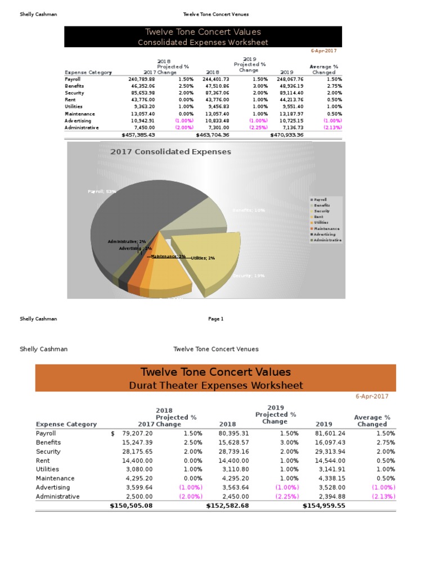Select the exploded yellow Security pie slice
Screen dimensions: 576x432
(208, 259)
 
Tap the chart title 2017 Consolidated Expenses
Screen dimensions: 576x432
(170, 152)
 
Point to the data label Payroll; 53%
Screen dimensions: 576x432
(102, 192)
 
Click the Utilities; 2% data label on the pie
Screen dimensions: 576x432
(203, 258)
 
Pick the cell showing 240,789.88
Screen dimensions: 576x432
(142, 80)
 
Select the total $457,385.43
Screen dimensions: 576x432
(138, 135)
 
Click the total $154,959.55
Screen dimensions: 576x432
(324, 506)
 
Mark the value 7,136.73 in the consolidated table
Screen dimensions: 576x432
(291, 128)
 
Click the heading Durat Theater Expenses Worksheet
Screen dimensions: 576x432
(215, 385)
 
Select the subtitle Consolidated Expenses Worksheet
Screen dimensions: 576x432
(203, 42)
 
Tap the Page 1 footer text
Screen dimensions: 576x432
(216, 319)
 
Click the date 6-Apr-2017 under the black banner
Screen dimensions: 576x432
(323, 51)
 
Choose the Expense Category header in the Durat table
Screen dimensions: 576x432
(66, 424)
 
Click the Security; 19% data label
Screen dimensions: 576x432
(248, 276)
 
